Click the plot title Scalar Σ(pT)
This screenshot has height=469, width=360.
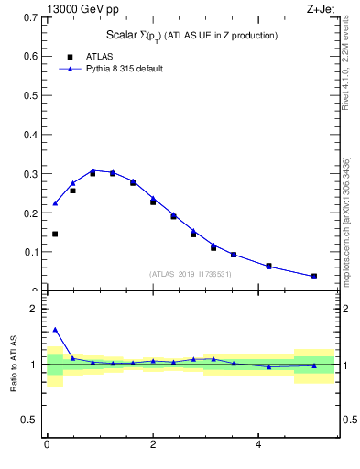pos(191,36)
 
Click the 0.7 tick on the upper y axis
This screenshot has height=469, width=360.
pos(30,17)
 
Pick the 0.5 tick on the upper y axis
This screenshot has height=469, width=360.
pos(30,95)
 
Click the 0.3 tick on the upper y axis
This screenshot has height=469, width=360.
pos(30,174)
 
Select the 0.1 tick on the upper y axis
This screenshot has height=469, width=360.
pos(30,252)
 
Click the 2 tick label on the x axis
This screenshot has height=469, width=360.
pos(153,445)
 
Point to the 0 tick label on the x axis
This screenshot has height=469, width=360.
pos(46,445)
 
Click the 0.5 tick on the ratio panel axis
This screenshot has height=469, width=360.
pos(30,420)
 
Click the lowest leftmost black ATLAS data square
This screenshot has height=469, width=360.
pos(55,234)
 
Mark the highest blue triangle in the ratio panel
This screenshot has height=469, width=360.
pos(55,330)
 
